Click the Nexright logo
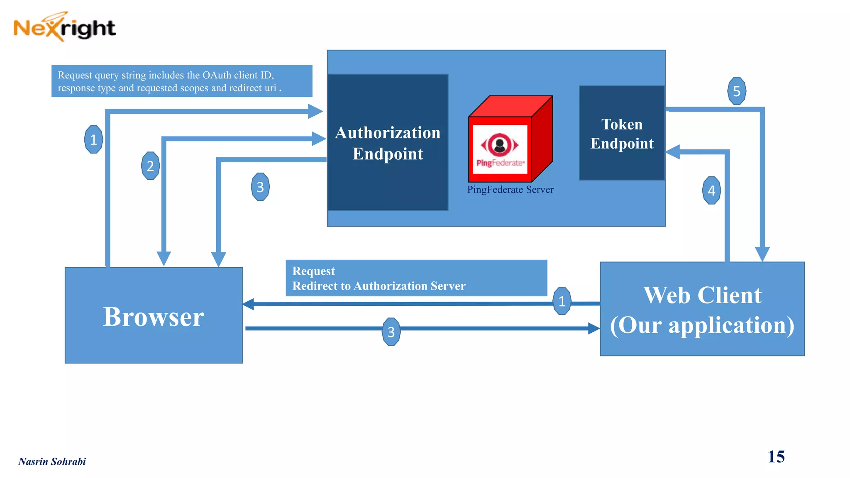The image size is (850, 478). click(x=64, y=27)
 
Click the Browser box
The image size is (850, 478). click(x=154, y=315)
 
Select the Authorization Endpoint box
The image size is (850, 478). click(x=388, y=142)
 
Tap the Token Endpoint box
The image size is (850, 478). click(x=622, y=133)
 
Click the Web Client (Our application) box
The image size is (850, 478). click(x=702, y=309)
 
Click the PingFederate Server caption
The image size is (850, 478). click(x=510, y=190)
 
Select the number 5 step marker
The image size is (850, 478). click(x=737, y=91)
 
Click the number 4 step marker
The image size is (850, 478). click(x=711, y=190)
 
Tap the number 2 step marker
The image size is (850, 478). click(x=150, y=166)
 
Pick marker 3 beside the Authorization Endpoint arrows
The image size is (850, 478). click(x=260, y=187)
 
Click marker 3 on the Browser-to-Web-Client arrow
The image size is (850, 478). click(x=391, y=332)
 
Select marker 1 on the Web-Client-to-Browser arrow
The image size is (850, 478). click(x=562, y=301)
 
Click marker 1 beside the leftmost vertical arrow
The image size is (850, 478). click(x=93, y=139)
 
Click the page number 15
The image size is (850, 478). click(x=776, y=456)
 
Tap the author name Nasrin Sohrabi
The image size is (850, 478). click(x=52, y=461)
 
